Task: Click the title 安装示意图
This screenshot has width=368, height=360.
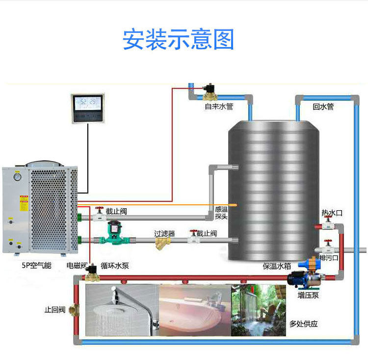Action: tap(179, 40)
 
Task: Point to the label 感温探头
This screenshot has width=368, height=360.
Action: tap(221, 213)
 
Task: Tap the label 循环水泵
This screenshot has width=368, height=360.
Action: tap(115, 266)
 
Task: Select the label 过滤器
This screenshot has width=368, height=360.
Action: tap(164, 233)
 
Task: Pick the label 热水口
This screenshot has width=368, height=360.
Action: tap(332, 213)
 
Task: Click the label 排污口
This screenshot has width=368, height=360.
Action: tap(329, 257)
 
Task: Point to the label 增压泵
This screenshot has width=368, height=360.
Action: tap(308, 295)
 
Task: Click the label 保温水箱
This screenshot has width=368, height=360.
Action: tap(277, 266)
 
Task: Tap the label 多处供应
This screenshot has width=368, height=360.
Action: tap(303, 324)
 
